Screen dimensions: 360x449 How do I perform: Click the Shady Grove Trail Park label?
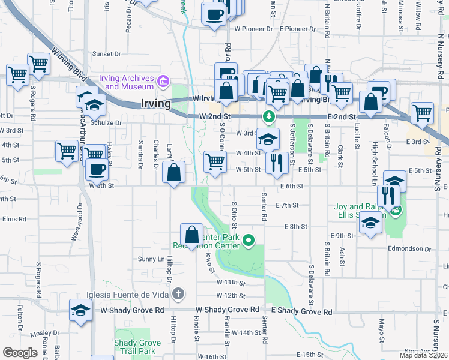point(135,346)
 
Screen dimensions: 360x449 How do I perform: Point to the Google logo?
point(20,353)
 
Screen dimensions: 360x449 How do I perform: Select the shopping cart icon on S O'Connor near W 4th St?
point(214,160)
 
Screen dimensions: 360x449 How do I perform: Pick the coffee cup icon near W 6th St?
point(97,169)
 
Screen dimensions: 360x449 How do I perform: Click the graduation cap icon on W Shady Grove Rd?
point(80,310)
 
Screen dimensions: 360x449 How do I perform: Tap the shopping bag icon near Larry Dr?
point(173,172)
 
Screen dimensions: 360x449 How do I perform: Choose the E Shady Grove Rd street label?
point(302,312)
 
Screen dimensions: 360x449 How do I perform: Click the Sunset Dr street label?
point(107,53)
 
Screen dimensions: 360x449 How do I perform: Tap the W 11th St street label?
point(231,282)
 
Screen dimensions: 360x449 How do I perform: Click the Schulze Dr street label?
point(106,122)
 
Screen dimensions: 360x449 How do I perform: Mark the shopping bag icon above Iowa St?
point(191,233)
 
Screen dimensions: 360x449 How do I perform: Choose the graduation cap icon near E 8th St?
point(370,223)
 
